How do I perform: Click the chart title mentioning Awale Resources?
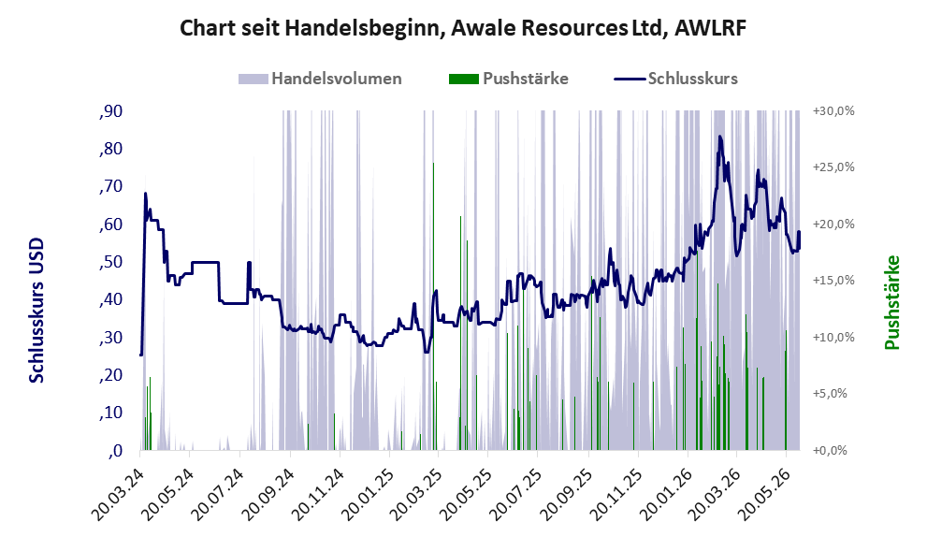click(x=463, y=28)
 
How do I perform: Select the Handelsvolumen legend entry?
click(x=320, y=79)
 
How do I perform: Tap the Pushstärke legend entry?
click(x=509, y=79)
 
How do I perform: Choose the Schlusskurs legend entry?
click(x=675, y=79)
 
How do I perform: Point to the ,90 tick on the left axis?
click(x=110, y=111)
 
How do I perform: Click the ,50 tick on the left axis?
click(x=110, y=262)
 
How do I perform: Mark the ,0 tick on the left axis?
click(x=115, y=451)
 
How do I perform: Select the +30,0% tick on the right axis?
click(x=833, y=111)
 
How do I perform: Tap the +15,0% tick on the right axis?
click(x=833, y=281)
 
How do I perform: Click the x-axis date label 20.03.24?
click(x=118, y=494)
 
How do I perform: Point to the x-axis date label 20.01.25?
click(x=367, y=494)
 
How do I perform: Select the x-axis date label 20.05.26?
click(x=763, y=494)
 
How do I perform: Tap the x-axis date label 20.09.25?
click(x=566, y=494)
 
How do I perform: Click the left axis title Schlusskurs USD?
click(x=36, y=311)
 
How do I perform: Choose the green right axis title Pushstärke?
click(x=892, y=302)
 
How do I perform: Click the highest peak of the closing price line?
click(x=719, y=137)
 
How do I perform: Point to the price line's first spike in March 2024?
click(x=145, y=194)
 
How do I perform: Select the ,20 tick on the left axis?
click(x=110, y=375)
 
